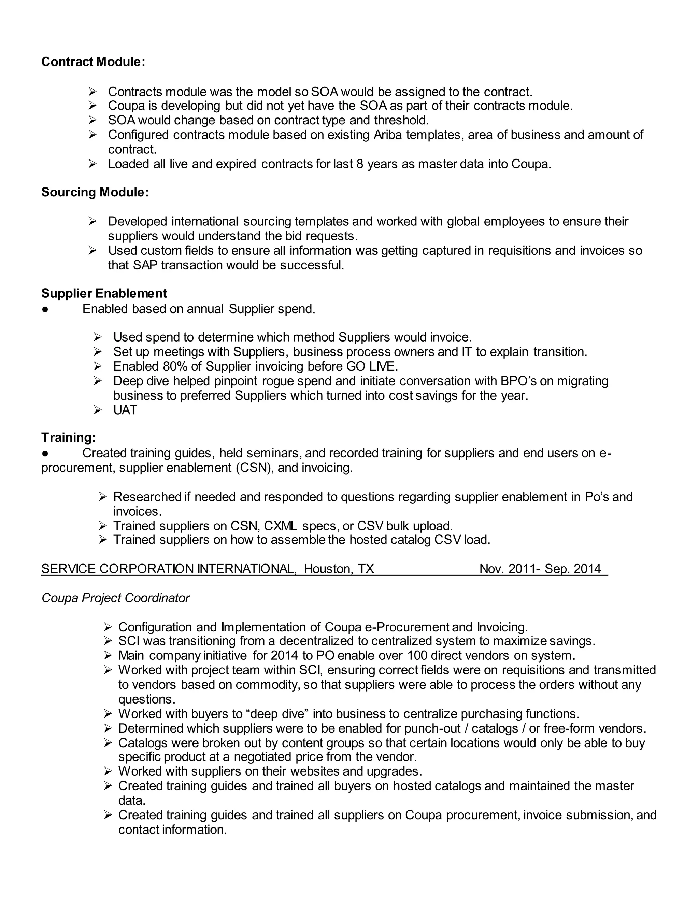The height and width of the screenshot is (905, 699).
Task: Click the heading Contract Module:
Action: pyautogui.click(x=93, y=62)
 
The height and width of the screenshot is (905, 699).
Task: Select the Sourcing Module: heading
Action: pyautogui.click(x=95, y=192)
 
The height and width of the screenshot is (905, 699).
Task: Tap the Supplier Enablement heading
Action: pyautogui.click(x=104, y=293)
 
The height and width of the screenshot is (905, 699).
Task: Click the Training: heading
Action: pyautogui.click(x=68, y=437)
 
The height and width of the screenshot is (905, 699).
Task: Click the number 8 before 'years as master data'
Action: pyautogui.click(x=359, y=164)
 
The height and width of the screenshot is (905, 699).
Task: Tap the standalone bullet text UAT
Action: pyautogui.click(x=125, y=410)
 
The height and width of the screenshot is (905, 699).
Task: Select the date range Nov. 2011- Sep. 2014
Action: pyautogui.click(x=540, y=569)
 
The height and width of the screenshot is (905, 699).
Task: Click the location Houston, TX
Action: pyautogui.click(x=339, y=569)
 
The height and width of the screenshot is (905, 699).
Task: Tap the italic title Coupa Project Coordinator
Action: pyautogui.click(x=116, y=598)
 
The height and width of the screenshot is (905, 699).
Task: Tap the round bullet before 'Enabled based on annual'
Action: pyautogui.click(x=45, y=309)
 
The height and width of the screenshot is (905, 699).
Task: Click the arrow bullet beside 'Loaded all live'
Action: pyautogui.click(x=92, y=164)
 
